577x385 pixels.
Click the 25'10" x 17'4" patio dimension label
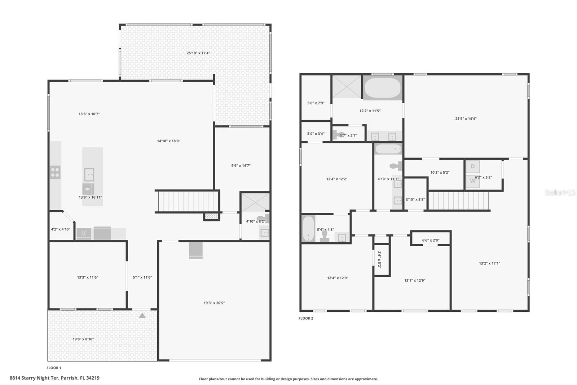coord(198,53)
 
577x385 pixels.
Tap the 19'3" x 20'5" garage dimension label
coord(214,303)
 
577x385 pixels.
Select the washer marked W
coord(472,181)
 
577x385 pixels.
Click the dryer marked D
coord(472,167)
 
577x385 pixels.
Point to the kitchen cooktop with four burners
coord(55,172)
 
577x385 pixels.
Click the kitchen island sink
coord(89,175)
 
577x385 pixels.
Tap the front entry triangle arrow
coord(142,316)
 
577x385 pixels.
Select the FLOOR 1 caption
coord(54,368)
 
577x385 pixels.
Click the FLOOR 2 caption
coord(306,318)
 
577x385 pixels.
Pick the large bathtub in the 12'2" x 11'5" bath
coord(382,88)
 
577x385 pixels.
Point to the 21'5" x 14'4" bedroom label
coord(466,118)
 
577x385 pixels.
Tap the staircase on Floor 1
coord(187,201)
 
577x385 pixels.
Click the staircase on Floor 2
coord(458,200)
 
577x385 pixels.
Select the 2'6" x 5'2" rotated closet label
coord(379,259)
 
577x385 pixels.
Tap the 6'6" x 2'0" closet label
coord(431,240)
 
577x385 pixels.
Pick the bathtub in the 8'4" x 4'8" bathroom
coord(308,229)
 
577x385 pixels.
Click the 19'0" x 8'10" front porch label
coord(83,339)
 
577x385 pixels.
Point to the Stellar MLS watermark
coord(560,192)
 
